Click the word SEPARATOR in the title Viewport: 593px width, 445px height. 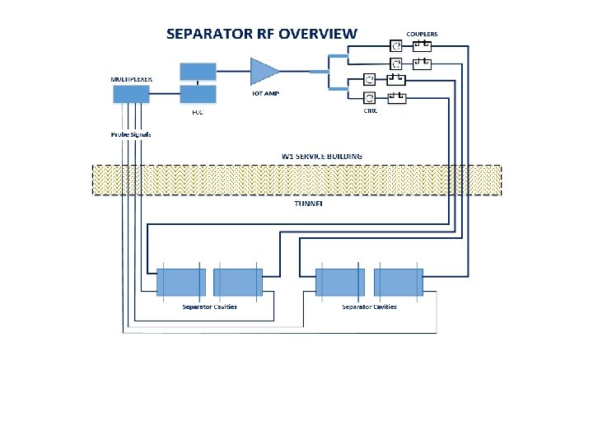coord(205,34)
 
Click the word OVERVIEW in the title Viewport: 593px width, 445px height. coord(319,34)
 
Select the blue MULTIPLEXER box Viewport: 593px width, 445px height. coord(131,95)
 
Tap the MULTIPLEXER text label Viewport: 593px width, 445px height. coord(132,79)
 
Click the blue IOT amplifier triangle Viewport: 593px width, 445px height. coord(264,71)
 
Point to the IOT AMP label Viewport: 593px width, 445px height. coord(265,93)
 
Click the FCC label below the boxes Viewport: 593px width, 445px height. coord(198,112)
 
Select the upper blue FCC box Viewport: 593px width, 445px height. coord(198,71)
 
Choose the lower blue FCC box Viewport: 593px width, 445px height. coord(198,94)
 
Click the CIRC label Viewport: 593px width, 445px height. coord(371,110)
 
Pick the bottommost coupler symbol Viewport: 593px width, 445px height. coord(396,99)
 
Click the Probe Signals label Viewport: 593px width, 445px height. coord(131,134)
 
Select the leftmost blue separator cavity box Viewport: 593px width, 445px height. coord(180,283)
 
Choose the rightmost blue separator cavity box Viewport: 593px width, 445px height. coord(398,283)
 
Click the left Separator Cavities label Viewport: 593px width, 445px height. coord(209,307)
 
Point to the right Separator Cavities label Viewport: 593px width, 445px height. coord(369,307)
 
